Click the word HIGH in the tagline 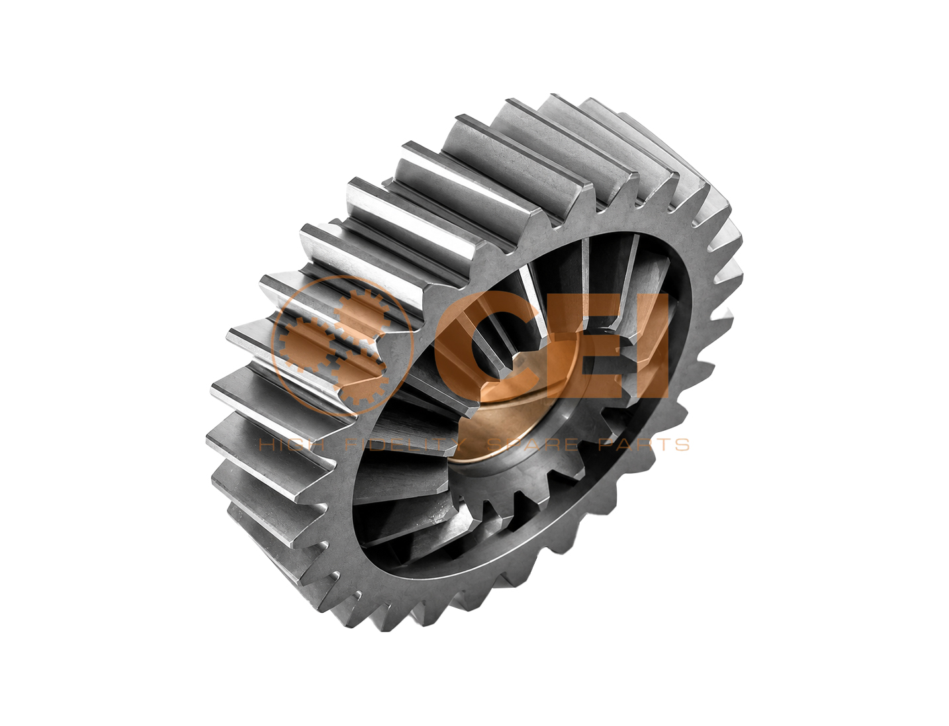click(291, 444)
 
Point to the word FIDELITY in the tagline click(406, 444)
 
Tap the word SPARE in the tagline click(533, 444)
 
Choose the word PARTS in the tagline click(644, 444)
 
